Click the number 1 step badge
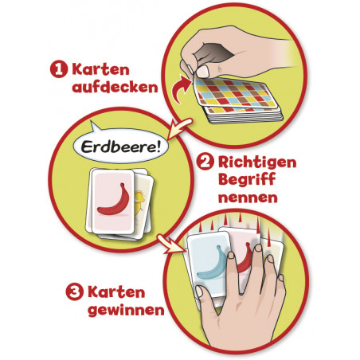[x=59, y=69]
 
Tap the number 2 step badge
[x=205, y=162]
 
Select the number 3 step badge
[x=74, y=292]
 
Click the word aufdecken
[x=115, y=87]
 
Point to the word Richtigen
[x=257, y=162]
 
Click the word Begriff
[x=247, y=180]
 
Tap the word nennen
[x=248, y=198]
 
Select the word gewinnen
[x=126, y=310]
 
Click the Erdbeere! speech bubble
[x=120, y=145]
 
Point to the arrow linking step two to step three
[x=170, y=244]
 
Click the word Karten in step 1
[x=100, y=69]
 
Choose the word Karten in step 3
[x=116, y=292]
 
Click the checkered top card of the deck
[x=236, y=93]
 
